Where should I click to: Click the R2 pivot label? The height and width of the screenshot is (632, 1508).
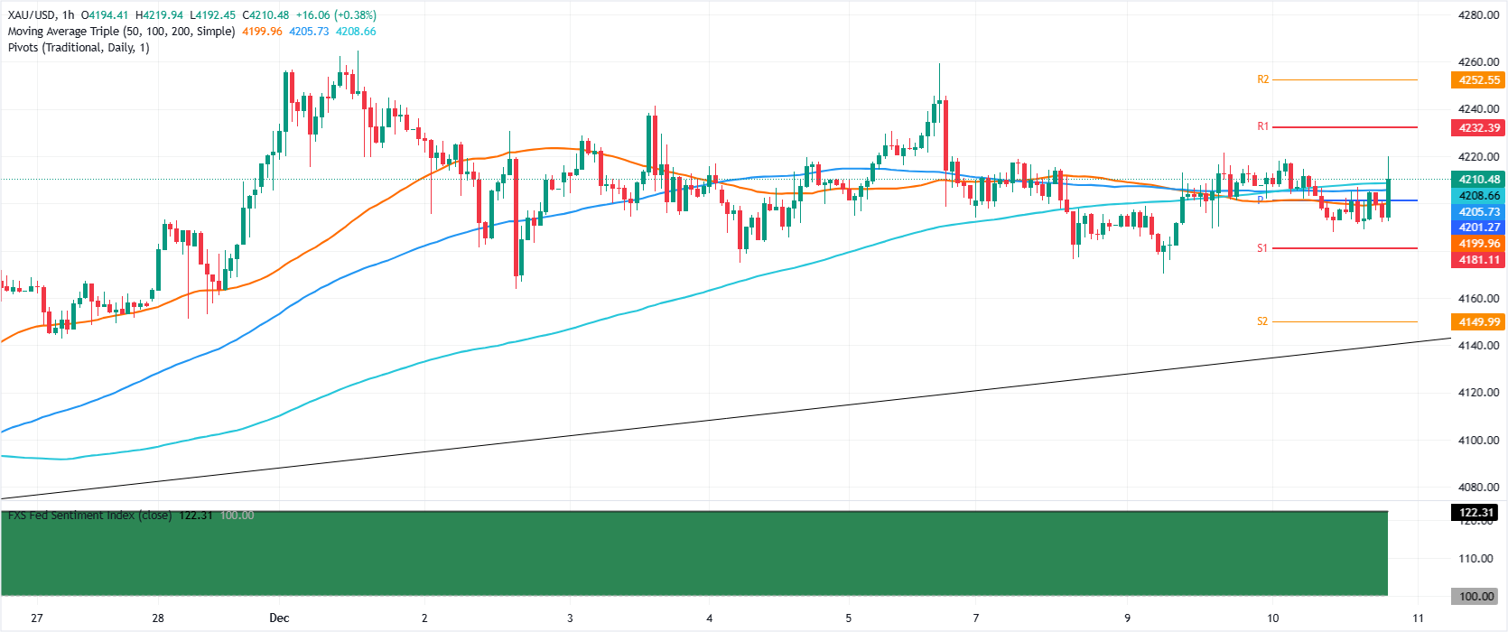click(x=1262, y=79)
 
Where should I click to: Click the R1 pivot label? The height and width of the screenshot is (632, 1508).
click(x=1262, y=126)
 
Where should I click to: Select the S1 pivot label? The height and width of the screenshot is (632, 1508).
click(x=1262, y=247)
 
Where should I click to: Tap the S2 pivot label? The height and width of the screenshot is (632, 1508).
click(x=1262, y=321)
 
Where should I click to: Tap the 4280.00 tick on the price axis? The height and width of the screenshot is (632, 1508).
click(x=1478, y=15)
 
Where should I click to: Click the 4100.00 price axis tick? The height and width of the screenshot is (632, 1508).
click(x=1478, y=441)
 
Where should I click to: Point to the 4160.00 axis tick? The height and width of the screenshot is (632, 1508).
click(x=1478, y=299)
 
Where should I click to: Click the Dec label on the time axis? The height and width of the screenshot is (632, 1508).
click(x=279, y=618)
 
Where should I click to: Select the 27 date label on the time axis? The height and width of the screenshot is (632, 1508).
click(x=37, y=618)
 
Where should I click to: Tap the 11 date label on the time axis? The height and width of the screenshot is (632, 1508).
click(x=1418, y=618)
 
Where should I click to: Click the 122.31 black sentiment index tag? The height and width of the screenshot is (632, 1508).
click(x=1477, y=513)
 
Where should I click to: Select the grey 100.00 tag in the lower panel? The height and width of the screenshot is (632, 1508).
click(x=1477, y=597)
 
